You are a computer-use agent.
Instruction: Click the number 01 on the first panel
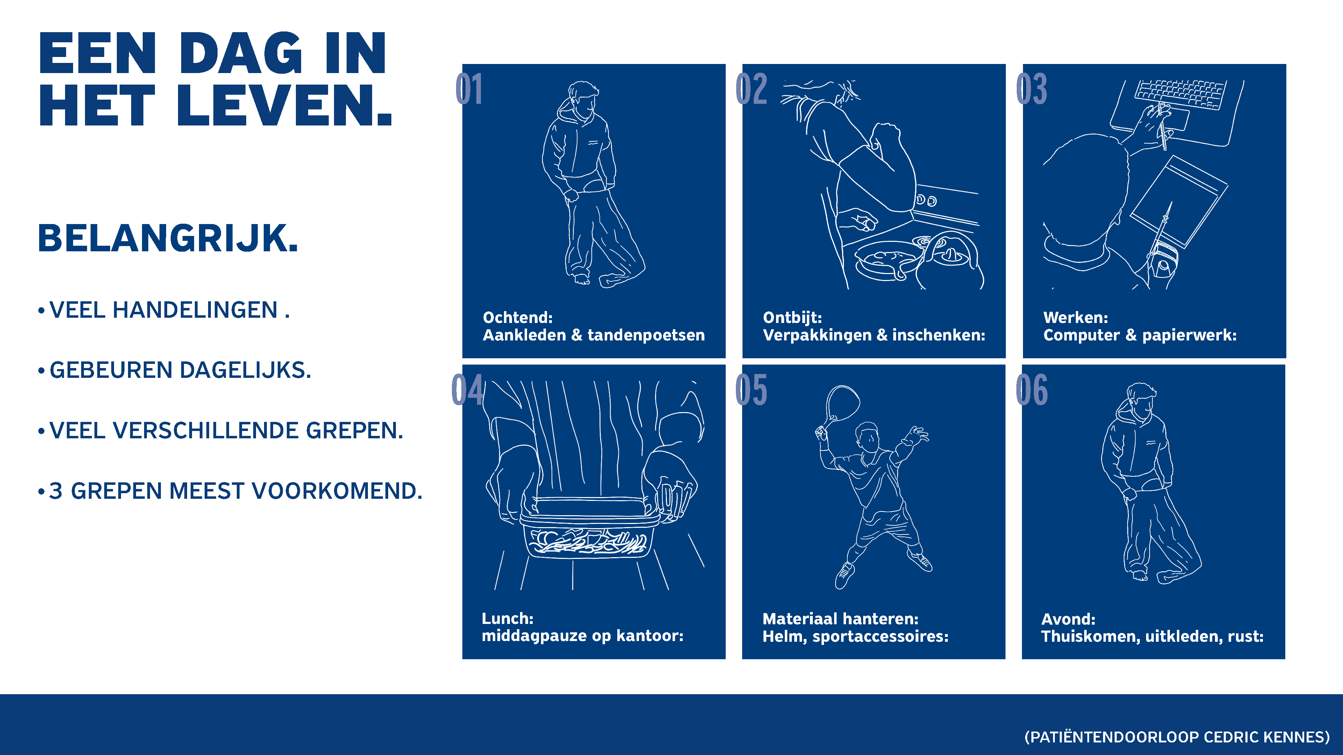point(469,89)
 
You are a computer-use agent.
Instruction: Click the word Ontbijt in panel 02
point(792,317)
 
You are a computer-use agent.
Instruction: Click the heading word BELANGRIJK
point(168,239)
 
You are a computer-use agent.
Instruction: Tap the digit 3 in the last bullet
point(56,491)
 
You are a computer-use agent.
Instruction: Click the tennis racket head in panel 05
point(843,402)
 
